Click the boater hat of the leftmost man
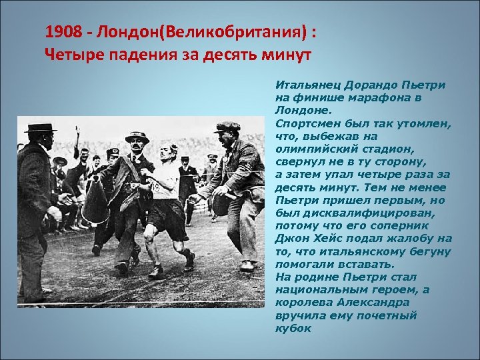41,127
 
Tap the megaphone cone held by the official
98,200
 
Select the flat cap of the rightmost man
227,125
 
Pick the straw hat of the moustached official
137,137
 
